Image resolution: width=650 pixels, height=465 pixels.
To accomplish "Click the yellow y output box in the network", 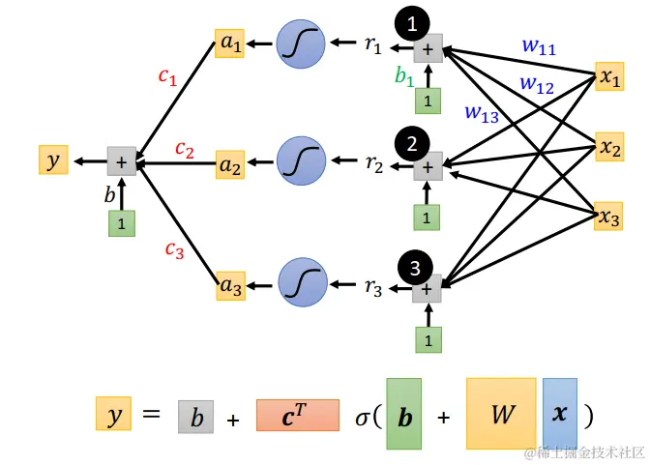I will click(x=53, y=160).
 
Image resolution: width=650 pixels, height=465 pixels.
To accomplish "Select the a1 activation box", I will click(x=230, y=44).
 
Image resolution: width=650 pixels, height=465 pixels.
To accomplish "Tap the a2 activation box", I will click(x=230, y=164).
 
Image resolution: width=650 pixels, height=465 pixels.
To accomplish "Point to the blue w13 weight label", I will click(x=481, y=113).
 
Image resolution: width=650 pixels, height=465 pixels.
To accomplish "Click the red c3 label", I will click(x=173, y=250).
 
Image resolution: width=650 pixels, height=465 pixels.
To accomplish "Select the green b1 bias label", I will click(x=404, y=74).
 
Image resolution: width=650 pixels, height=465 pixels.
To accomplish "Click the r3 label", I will click(x=373, y=286).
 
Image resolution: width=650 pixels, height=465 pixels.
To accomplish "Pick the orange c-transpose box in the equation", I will click(x=298, y=415).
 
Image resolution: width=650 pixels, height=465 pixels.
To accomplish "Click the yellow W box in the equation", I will click(x=501, y=414).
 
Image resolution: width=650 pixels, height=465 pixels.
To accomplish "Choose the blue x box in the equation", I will click(x=560, y=414).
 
